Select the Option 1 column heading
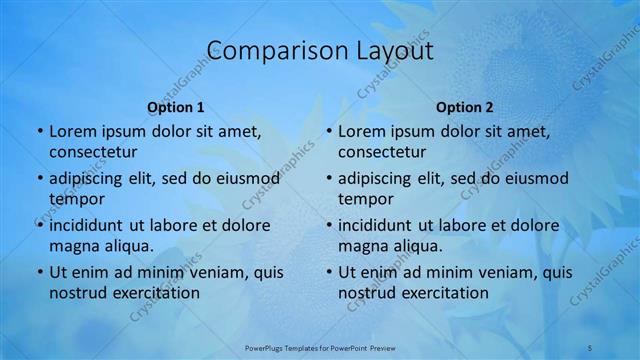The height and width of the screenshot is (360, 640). (176, 106)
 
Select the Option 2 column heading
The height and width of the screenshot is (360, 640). (465, 106)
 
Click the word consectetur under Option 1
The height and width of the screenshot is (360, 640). (93, 152)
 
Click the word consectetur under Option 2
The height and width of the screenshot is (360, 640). (382, 152)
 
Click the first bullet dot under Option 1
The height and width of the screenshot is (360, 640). (39, 131)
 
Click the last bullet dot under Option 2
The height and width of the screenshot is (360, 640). (328, 272)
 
